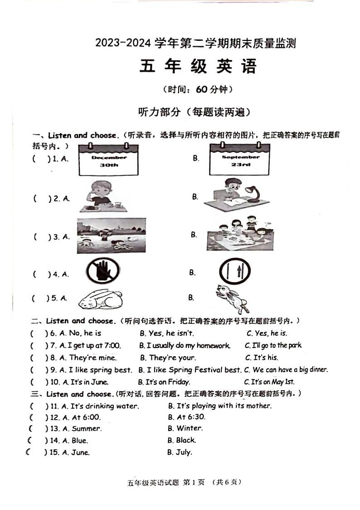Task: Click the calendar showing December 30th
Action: point(108,160)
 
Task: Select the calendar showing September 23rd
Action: point(240,160)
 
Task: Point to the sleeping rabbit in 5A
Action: point(100,299)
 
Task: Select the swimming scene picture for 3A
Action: point(111,235)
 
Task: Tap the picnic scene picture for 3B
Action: point(240,235)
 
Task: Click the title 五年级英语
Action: point(198,66)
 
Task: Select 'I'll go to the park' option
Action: point(273,346)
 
